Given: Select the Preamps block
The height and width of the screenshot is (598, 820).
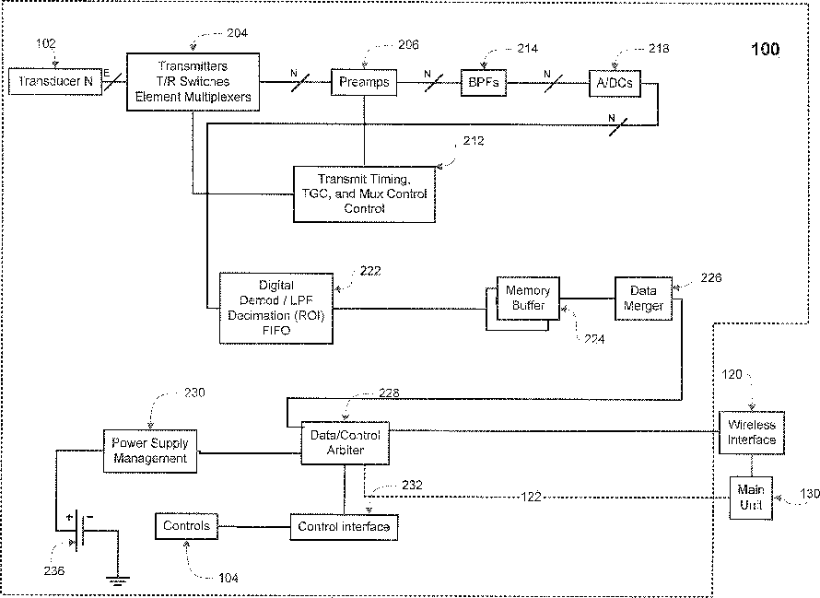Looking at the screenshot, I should [364, 82].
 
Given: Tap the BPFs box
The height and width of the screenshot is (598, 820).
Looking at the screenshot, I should [485, 82].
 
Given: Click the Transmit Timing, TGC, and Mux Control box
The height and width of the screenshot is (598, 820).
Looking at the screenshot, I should [363, 193].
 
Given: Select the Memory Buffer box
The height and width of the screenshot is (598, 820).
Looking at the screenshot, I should [527, 299].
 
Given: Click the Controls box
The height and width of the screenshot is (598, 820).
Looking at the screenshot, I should [186, 526].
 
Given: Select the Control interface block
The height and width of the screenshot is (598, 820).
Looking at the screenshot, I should [344, 527].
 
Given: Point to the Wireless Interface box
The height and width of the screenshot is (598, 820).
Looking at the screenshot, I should [752, 432].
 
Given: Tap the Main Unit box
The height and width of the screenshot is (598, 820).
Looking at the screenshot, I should [752, 498].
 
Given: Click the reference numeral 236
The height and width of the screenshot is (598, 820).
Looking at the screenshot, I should [54, 570].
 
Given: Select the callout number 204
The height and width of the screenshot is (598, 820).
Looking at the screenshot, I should [236, 32].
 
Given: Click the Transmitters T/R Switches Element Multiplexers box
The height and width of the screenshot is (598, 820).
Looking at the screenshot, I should [193, 81].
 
